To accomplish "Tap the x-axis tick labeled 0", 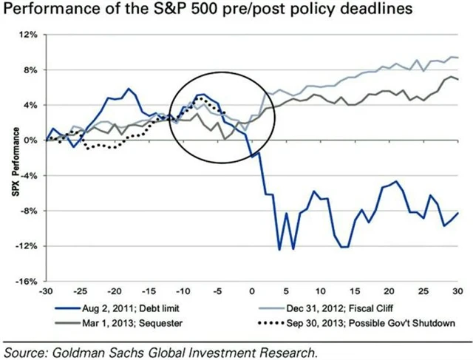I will click(253, 291).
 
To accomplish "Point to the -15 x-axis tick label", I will click(150, 291).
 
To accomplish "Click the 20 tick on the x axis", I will click(389, 291).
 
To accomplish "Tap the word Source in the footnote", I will click(28, 350).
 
